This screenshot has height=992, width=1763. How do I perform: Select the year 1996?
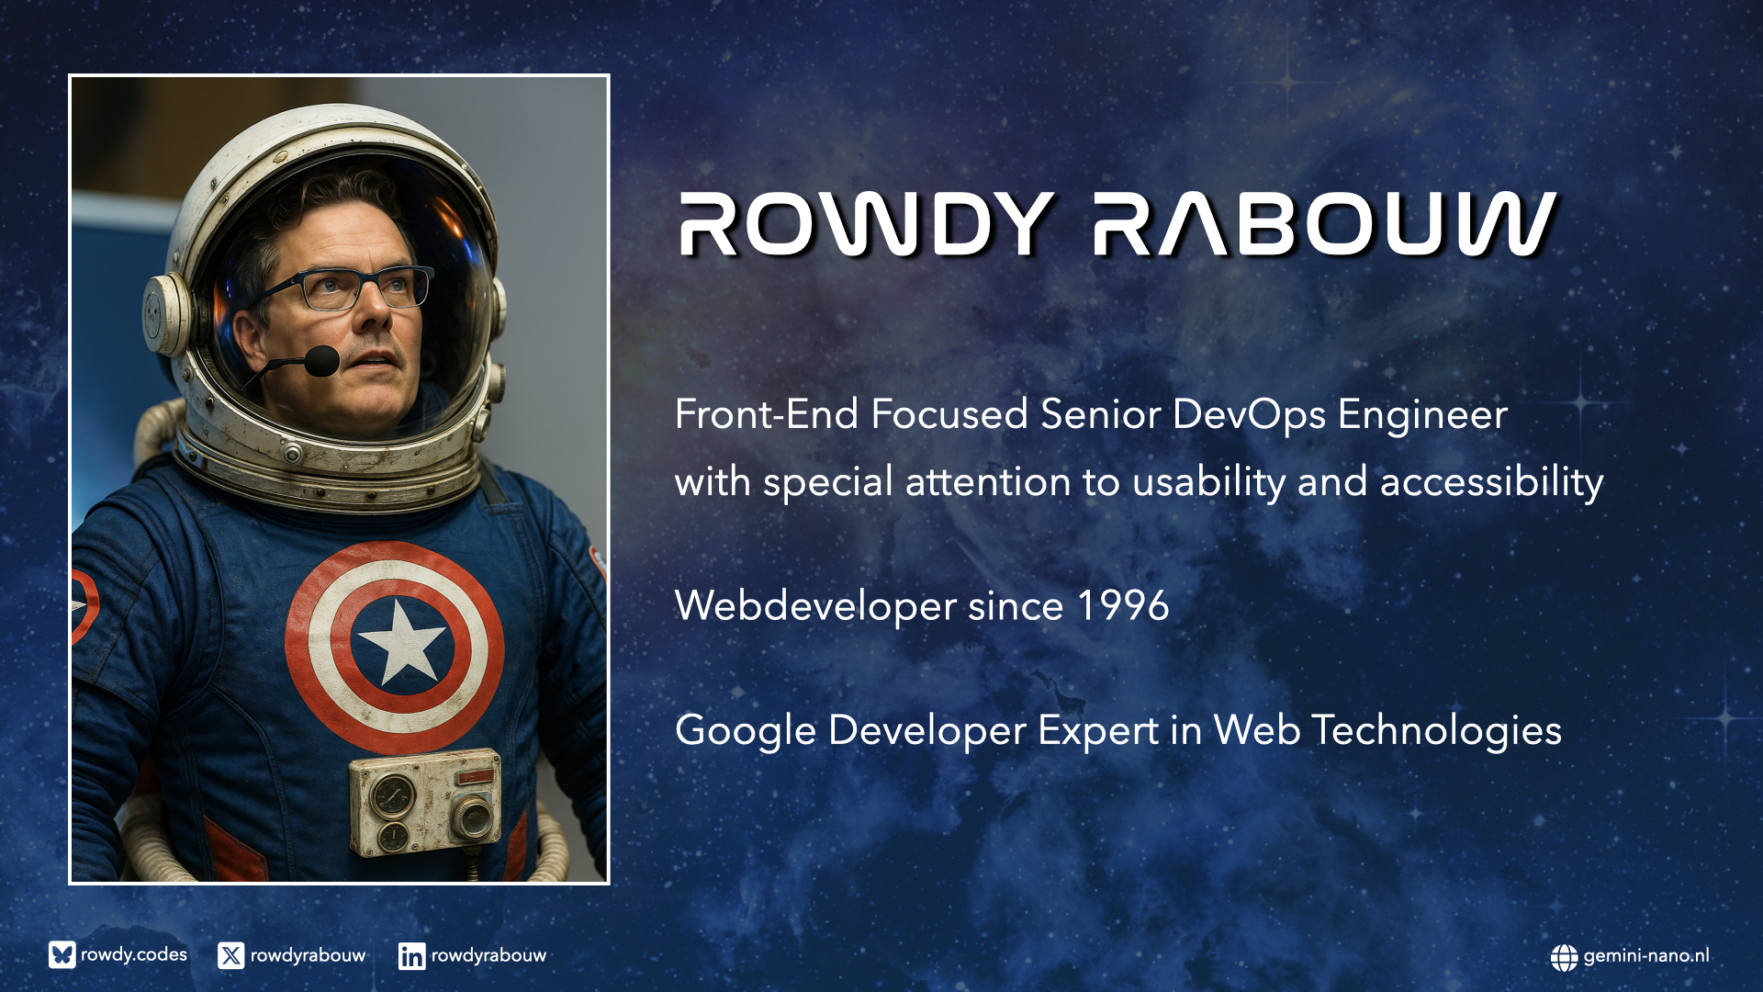(x=1123, y=605)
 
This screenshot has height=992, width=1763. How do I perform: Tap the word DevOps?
(x=1249, y=415)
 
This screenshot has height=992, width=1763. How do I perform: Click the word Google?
(x=746, y=731)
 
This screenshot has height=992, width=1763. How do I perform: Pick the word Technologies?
(x=1436, y=731)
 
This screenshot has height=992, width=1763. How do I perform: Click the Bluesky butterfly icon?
(x=62, y=955)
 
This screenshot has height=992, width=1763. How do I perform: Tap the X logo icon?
(x=230, y=955)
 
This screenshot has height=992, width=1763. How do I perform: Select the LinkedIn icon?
(x=411, y=956)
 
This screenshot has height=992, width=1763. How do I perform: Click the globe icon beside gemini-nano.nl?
(x=1564, y=957)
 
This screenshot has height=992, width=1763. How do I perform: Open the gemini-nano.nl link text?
(x=1646, y=956)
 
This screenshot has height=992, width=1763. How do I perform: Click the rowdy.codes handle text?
(x=134, y=955)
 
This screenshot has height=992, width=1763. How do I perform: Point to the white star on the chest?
(x=401, y=641)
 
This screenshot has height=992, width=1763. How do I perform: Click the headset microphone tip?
(x=321, y=360)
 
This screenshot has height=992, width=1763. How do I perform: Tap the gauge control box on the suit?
(x=425, y=802)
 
